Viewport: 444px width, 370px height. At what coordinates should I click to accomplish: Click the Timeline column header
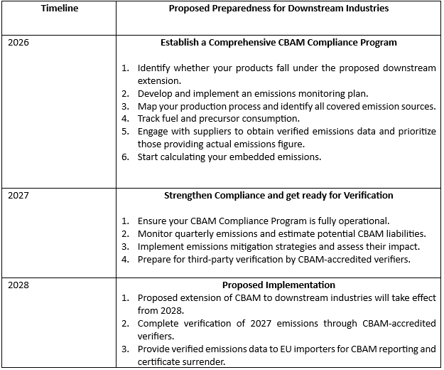[x=60, y=8]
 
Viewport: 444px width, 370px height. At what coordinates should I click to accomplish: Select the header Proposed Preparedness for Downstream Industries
[x=278, y=8]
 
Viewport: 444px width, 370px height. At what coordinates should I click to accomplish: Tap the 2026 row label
[x=19, y=43]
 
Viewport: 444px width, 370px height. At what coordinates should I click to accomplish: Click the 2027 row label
[x=19, y=196]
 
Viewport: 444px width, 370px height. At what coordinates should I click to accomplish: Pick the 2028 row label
[x=19, y=285]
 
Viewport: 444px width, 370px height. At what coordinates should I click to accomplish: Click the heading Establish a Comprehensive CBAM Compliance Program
[x=278, y=43]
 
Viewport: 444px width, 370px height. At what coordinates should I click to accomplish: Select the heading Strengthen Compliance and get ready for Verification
[x=278, y=196]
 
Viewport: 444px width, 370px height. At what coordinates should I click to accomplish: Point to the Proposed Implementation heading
[x=278, y=285]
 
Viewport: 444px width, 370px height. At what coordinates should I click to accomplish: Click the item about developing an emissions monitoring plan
[x=262, y=93]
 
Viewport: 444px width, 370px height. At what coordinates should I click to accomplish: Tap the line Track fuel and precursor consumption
[x=218, y=118]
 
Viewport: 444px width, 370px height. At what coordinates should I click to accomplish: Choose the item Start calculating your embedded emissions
[x=229, y=157]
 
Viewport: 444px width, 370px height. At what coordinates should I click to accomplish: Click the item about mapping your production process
[x=286, y=106]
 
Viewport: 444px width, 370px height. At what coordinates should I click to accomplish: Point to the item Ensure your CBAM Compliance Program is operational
[x=263, y=221]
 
